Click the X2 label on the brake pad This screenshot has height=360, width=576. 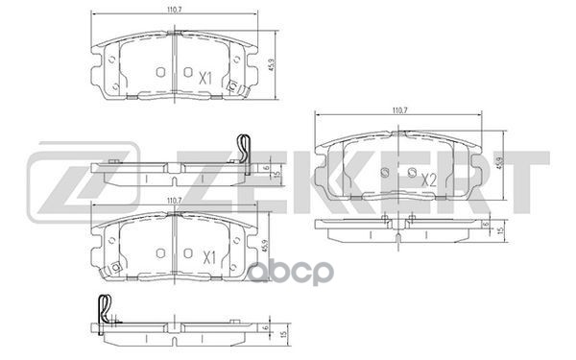point(430,178)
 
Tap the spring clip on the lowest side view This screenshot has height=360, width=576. point(104,309)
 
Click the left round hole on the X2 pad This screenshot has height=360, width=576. point(384,174)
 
